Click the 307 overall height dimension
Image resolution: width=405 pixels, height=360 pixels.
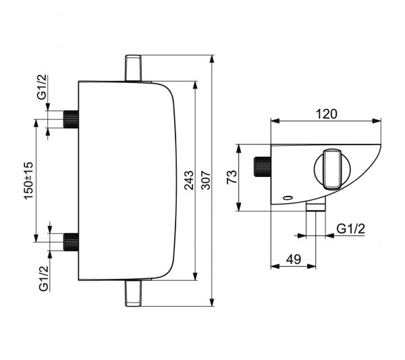coord(206,180)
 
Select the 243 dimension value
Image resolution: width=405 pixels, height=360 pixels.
coord(189,180)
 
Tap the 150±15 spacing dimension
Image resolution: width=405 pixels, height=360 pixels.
coord(28,180)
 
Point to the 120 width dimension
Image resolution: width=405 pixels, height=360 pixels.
coord(327,114)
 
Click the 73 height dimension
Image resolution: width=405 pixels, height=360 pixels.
coord(232,177)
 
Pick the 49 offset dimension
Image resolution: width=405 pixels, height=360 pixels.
coord(294,259)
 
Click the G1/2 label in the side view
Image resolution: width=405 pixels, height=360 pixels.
coord(351,229)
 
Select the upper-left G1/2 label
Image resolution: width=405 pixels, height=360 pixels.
coord(42,87)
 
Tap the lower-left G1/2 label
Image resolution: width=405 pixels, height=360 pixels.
coord(44,278)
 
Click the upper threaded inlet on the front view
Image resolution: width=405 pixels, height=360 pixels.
coord(71,119)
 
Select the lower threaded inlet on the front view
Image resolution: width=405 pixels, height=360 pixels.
coord(71,242)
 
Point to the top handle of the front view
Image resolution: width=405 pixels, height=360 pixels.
coord(133,68)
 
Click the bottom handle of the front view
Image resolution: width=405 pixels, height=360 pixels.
coord(133,293)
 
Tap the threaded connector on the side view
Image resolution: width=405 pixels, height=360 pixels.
coord(263,167)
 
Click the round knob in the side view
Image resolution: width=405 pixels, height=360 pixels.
coord(332,170)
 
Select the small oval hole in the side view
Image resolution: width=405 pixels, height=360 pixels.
coord(288,198)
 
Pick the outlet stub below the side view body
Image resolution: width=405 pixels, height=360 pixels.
coord(316,206)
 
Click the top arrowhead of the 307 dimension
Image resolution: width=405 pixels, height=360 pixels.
coord(212,59)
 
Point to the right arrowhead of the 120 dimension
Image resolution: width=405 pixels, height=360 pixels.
coord(377,121)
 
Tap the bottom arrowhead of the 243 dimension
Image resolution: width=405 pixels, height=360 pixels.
coord(196,276)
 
